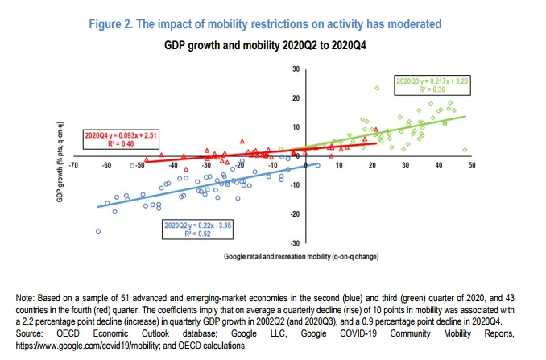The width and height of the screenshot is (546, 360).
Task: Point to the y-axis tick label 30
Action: (296, 70)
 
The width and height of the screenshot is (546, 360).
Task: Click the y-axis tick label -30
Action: (295, 242)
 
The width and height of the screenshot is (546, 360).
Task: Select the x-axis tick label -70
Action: (73, 165)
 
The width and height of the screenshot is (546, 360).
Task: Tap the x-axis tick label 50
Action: (472, 165)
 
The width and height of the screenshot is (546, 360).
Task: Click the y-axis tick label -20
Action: (295, 213)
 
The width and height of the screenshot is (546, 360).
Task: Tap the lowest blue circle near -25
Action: (98, 231)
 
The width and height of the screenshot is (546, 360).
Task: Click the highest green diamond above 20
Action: (376, 88)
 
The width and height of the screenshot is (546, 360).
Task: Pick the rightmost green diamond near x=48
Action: (465, 150)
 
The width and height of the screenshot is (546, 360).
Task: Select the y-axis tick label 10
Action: (296, 127)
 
